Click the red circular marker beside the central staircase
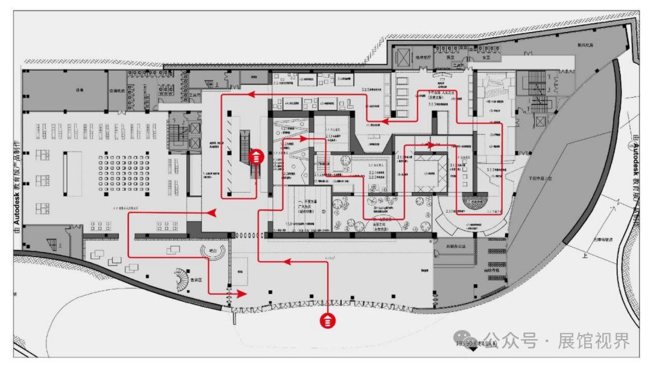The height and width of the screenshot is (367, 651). click(x=257, y=157)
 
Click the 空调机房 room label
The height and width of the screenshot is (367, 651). click(x=117, y=91)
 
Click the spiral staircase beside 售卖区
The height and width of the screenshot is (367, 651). click(x=181, y=279)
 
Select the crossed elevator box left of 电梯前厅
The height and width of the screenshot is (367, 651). click(x=401, y=57)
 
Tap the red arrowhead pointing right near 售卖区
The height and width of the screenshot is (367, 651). click(x=242, y=293)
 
